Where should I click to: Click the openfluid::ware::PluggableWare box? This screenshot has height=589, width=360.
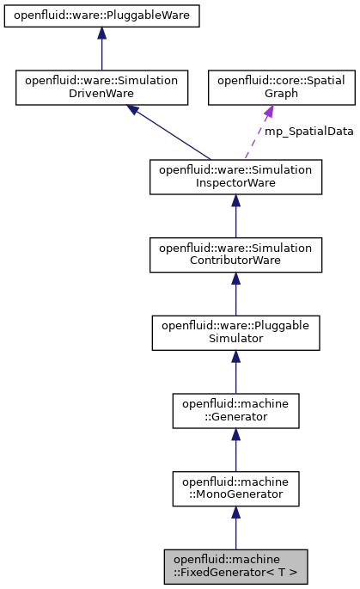101,15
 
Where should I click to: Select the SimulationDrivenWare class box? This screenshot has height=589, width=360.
101,87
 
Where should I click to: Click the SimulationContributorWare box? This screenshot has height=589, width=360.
235,254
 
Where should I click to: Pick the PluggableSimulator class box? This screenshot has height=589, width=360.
235,332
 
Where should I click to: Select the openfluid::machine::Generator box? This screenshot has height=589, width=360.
235,410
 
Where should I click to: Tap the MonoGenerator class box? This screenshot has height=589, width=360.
235,488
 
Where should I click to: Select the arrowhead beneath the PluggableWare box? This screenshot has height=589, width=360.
101,34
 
